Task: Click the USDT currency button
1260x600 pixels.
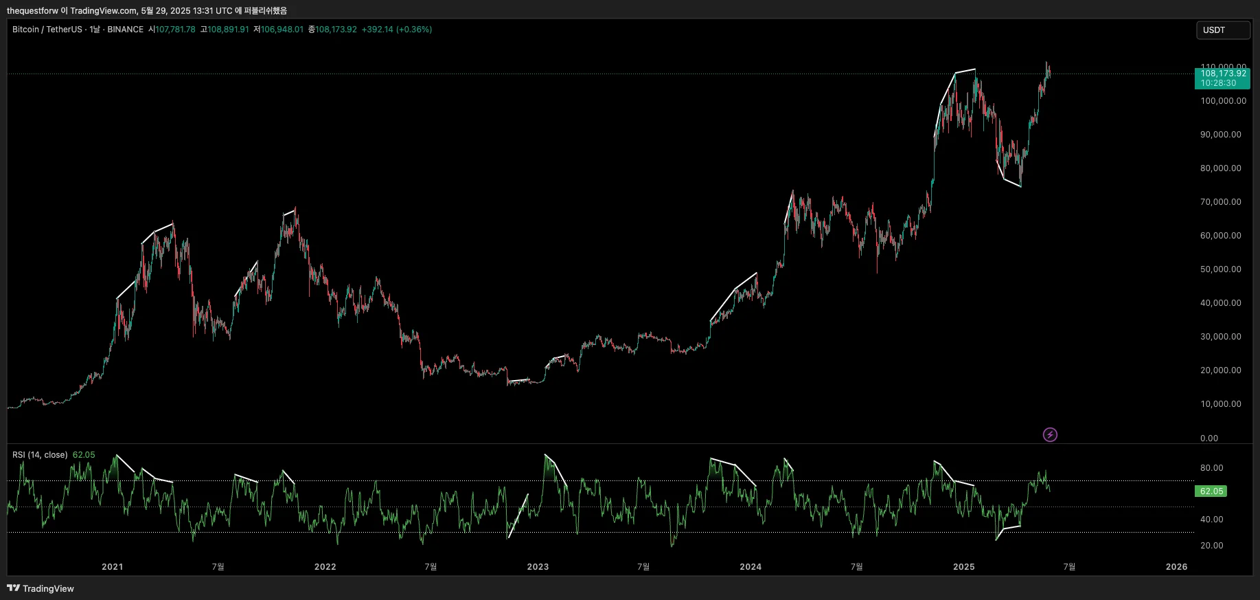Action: (1222, 30)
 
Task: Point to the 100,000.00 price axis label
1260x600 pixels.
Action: (1223, 101)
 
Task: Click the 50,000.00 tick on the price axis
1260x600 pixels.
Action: (1220, 269)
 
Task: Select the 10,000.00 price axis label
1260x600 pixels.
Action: (1220, 404)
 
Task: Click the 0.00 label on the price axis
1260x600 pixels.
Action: (1209, 438)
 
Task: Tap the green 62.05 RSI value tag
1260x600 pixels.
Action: (1211, 491)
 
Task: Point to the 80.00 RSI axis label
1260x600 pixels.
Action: (1211, 468)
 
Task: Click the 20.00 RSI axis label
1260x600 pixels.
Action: (1211, 546)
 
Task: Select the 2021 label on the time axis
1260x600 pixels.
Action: (112, 567)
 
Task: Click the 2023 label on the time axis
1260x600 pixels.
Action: (538, 567)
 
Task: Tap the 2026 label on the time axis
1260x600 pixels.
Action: (1176, 567)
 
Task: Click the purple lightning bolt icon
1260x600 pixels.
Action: (1050, 434)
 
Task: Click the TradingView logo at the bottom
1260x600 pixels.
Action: (41, 588)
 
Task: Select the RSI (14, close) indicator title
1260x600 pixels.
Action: (40, 455)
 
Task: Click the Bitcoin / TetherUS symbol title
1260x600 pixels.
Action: (47, 30)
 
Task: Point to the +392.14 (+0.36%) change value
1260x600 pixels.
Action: (396, 30)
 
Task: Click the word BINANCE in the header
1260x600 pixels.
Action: (125, 30)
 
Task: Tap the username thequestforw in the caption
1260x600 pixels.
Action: (32, 11)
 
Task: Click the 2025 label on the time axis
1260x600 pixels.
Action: (963, 567)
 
